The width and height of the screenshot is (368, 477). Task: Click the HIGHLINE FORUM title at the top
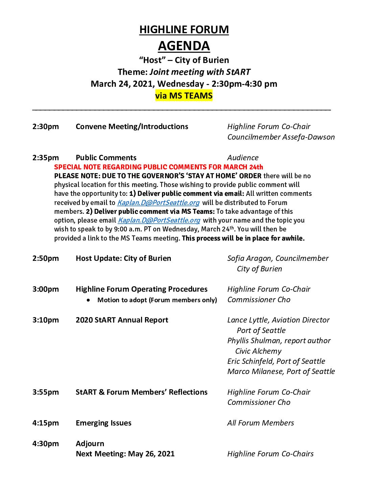click(x=184, y=30)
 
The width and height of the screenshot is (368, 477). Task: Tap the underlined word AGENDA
click(x=184, y=46)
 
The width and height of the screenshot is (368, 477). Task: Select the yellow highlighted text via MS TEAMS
click(x=184, y=96)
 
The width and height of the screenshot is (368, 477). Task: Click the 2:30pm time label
click(x=46, y=127)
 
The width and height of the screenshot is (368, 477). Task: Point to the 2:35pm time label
click(x=46, y=158)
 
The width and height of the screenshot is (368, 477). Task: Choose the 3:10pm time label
click(x=46, y=320)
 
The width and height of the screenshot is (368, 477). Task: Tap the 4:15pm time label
click(x=46, y=423)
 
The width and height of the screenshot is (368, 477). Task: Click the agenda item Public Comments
click(x=106, y=158)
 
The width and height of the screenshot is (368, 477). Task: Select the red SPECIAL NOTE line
click(x=158, y=167)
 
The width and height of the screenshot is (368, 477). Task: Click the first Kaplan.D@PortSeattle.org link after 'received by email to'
click(x=158, y=203)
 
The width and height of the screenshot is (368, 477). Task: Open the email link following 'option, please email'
click(x=159, y=220)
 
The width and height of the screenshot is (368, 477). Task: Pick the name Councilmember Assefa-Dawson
click(x=281, y=137)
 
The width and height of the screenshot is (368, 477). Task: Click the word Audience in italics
click(x=243, y=158)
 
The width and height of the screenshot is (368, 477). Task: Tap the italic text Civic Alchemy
click(x=258, y=351)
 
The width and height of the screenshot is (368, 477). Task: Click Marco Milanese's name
click(x=255, y=372)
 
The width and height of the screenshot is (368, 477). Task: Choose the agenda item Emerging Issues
click(x=103, y=423)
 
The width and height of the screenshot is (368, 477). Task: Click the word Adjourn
click(x=90, y=444)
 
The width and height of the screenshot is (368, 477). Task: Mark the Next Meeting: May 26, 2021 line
click(x=125, y=454)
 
